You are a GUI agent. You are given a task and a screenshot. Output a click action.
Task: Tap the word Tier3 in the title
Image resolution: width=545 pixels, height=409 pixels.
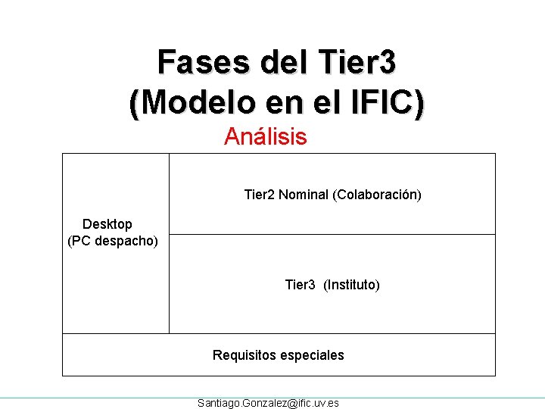[x=357, y=62]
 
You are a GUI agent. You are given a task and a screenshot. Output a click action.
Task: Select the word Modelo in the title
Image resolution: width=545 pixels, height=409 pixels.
[x=195, y=102]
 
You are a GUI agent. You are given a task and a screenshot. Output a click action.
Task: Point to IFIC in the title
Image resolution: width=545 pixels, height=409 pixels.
[x=385, y=102]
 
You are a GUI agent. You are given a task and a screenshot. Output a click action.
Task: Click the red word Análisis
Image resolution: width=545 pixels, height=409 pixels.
[x=266, y=137]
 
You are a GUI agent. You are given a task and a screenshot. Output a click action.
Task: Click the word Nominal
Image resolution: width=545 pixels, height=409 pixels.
[x=304, y=195]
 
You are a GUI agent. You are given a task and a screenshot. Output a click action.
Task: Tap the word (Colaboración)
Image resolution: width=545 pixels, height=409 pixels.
[x=377, y=195]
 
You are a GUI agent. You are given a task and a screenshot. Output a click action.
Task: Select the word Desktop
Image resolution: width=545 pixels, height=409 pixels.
[x=107, y=224]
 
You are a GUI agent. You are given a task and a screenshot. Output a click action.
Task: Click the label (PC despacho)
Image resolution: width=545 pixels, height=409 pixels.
[x=113, y=242]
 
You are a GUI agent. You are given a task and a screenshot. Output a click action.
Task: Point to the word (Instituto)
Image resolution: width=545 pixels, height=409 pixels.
[x=352, y=285]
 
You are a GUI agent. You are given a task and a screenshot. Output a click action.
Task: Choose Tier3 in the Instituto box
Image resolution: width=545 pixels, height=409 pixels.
[x=300, y=285]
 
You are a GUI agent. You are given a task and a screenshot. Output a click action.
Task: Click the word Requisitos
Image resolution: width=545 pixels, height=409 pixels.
[x=244, y=355]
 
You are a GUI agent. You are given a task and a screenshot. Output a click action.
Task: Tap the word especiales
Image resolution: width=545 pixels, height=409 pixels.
[x=312, y=355]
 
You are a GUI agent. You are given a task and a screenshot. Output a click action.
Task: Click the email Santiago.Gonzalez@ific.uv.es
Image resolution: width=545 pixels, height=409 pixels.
[x=268, y=403]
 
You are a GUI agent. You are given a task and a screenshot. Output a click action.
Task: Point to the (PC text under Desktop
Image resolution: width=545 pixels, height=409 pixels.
[x=79, y=242]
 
